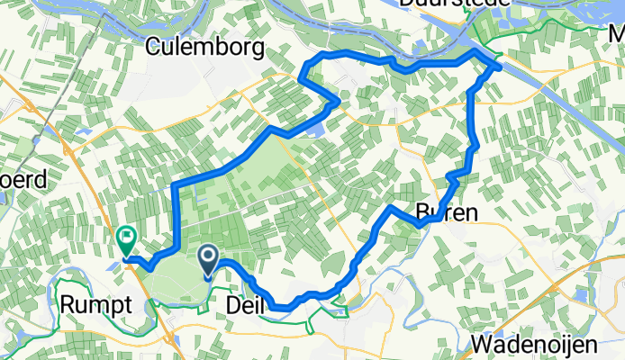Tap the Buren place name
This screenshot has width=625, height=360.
[447, 211]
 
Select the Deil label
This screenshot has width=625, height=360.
[242, 306]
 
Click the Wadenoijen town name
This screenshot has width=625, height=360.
[534, 345]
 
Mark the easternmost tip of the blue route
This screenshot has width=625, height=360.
[500, 67]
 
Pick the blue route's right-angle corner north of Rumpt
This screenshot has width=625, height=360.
[174, 185]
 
